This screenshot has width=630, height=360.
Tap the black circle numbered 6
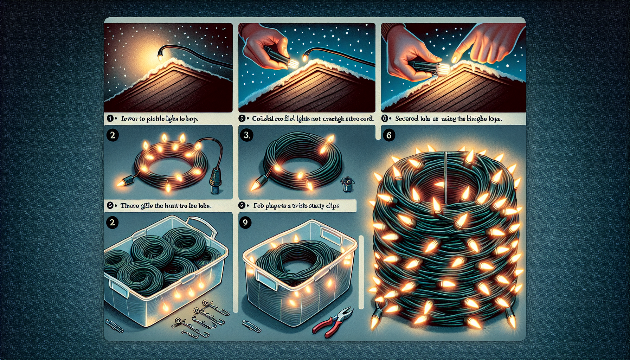coord(388,135)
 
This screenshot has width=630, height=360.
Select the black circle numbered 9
coord(245,223)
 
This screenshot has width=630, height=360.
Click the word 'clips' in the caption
coord(332,206)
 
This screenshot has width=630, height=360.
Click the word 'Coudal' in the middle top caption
coord(263,119)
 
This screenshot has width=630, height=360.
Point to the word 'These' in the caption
coord(129,206)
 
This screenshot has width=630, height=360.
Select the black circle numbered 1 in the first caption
coord(110,119)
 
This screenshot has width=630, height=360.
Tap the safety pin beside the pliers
coord(252,327)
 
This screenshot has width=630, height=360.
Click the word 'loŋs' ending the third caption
coord(494,119)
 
